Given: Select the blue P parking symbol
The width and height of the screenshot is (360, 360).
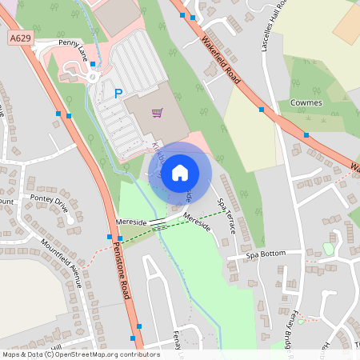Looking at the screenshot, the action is click(x=118, y=94).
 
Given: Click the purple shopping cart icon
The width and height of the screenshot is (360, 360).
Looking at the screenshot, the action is click(x=157, y=113).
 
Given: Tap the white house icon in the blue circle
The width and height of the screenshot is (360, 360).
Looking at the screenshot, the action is click(x=180, y=172).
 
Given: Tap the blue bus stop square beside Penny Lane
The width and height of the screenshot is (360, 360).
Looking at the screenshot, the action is click(x=93, y=64).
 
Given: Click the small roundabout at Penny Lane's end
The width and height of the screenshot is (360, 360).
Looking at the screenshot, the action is click(x=92, y=78).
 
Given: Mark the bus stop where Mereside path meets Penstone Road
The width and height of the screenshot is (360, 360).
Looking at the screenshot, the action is click(x=110, y=237).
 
